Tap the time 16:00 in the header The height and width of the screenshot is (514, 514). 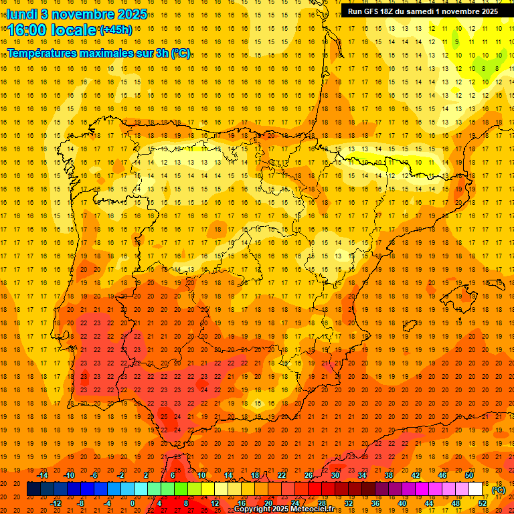[x=30, y=30]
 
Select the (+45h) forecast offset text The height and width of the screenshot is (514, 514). [x=116, y=30]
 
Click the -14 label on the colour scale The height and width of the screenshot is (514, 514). [x=43, y=475]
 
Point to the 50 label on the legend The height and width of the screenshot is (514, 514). [x=469, y=475]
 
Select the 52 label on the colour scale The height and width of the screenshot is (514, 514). [x=483, y=503]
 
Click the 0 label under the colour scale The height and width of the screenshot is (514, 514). [x=133, y=503]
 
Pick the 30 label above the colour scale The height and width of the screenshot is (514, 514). [x=335, y=475]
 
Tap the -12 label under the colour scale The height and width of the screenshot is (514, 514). [x=56, y=503]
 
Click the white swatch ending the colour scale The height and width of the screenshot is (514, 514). [x=476, y=489]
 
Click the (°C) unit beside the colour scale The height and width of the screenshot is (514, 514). [x=499, y=490]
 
